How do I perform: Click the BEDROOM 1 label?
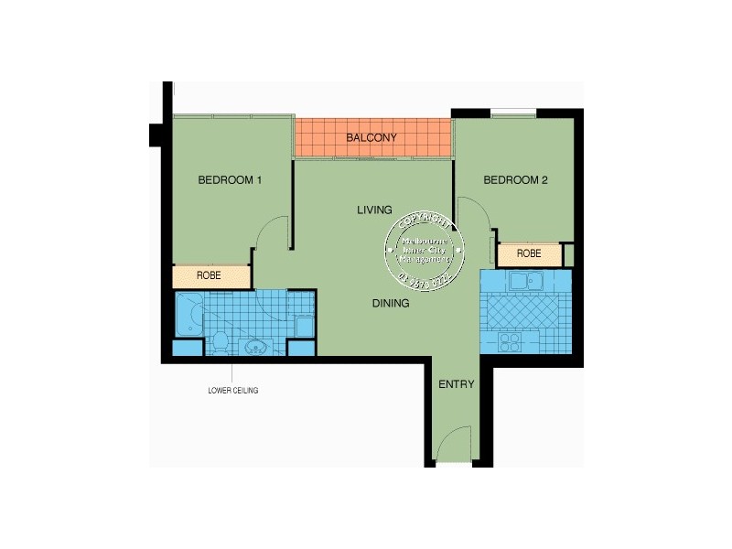tap(230, 180)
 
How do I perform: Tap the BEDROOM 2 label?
tap(515, 180)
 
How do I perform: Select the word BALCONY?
tap(371, 138)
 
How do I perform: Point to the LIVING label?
tap(374, 210)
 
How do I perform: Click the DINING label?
tap(390, 303)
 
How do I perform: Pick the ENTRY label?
tap(457, 384)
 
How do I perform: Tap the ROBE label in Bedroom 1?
tap(210, 275)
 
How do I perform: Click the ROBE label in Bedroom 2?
tap(529, 253)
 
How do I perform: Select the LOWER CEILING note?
tap(233, 391)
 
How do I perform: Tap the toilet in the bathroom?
tap(220, 342)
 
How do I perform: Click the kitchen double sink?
tap(526, 281)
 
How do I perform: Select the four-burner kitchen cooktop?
tap(510, 341)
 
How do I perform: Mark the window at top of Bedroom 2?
tap(513, 113)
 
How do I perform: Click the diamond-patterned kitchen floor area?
tap(526, 311)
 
